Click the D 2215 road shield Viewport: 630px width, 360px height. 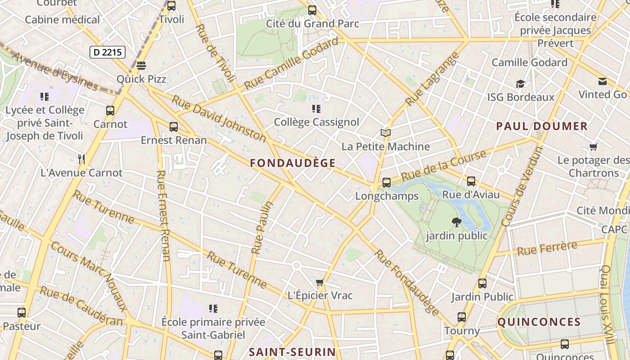pyautogui.click(x=108, y=52)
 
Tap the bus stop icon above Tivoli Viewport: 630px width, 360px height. pyautogui.click(x=171, y=6)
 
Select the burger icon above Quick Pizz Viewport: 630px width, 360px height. pyautogui.click(x=141, y=66)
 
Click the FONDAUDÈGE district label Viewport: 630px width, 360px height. pyautogui.click(x=293, y=163)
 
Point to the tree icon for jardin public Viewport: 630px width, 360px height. pyautogui.click(x=457, y=222)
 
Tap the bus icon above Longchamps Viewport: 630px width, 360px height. pyautogui.click(x=386, y=183)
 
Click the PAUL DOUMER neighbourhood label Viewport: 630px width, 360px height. pyautogui.click(x=542, y=126)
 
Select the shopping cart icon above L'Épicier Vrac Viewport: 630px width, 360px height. pyautogui.click(x=320, y=283)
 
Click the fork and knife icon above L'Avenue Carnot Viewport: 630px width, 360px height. pyautogui.click(x=81, y=159)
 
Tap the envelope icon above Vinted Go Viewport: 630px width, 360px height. pyautogui.click(x=603, y=81)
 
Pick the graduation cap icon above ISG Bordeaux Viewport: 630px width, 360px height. pyautogui.click(x=520, y=84)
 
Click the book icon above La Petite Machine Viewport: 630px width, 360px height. pyautogui.click(x=386, y=133)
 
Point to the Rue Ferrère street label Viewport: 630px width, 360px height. pyautogui.click(x=547, y=248)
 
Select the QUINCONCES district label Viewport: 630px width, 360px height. pyautogui.click(x=539, y=322)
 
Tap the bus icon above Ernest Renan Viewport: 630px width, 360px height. pyautogui.click(x=174, y=127)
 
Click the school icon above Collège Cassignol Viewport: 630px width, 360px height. pyautogui.click(x=316, y=108)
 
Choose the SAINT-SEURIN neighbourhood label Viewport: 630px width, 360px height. pyautogui.click(x=292, y=352)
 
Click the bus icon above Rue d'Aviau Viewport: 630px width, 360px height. pyautogui.click(x=471, y=181)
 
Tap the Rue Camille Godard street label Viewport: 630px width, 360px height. pyautogui.click(x=291, y=63)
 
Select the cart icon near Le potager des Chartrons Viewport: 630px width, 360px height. pyautogui.click(x=594, y=147)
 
